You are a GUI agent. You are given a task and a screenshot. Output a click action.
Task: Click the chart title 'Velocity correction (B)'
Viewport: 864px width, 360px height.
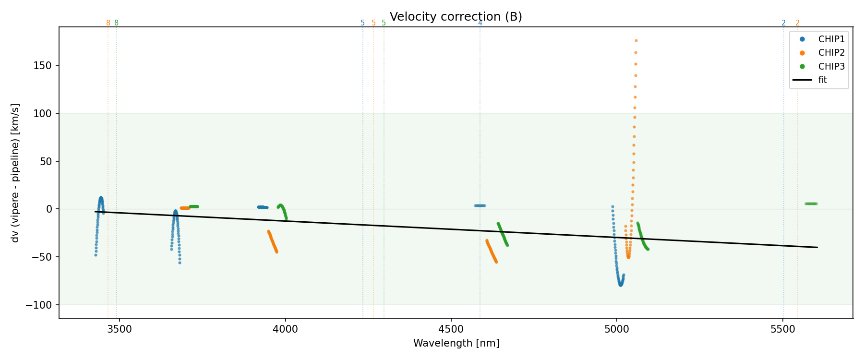pos(456,17)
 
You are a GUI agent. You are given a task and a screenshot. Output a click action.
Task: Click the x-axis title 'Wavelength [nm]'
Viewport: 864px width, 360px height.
pos(456,343)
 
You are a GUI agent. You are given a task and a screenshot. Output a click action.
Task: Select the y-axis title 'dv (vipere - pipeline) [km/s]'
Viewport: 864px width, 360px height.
pos(15,173)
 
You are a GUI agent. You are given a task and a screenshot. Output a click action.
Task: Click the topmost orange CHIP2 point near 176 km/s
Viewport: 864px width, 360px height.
pos(636,41)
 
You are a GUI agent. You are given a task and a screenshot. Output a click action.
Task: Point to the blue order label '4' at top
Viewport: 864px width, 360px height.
pos(480,23)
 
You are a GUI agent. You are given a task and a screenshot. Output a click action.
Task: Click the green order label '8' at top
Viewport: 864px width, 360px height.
pos(116,23)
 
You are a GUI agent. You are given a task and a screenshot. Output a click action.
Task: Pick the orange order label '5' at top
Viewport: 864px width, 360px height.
pos(373,23)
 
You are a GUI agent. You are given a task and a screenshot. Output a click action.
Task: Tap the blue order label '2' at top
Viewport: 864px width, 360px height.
pos(783,23)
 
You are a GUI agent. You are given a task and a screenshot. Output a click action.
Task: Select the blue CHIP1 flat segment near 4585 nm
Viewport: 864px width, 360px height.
pos(480,205)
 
